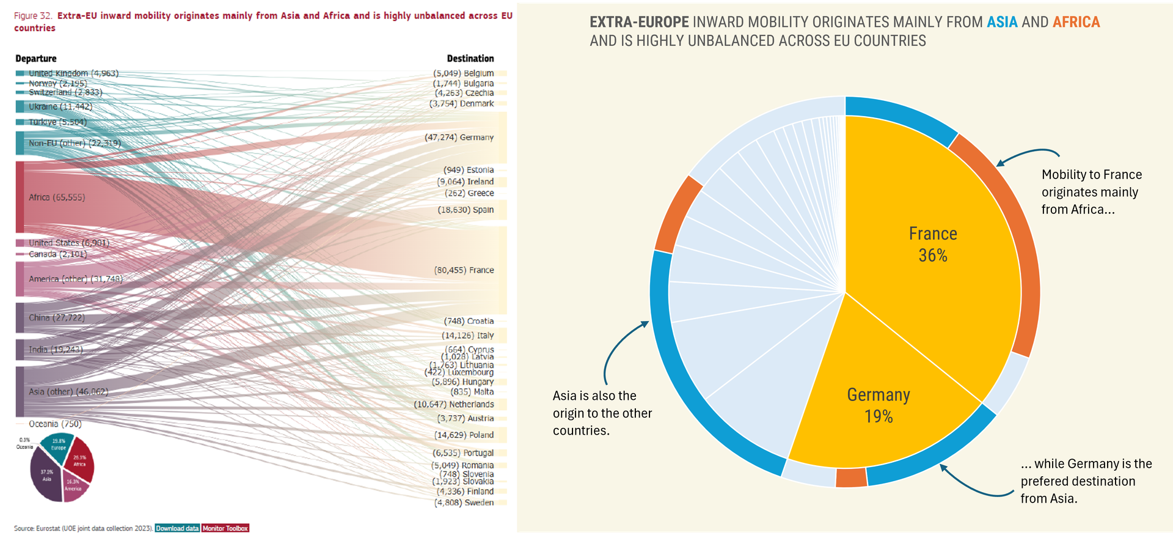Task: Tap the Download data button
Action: coord(177,528)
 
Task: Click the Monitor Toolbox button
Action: coord(225,528)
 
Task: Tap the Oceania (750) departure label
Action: coord(55,424)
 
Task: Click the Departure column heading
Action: coord(36,59)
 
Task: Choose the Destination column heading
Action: coord(470,59)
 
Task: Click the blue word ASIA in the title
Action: coord(1002,22)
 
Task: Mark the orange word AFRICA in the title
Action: coord(1076,22)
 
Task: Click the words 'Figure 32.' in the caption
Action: coord(33,16)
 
